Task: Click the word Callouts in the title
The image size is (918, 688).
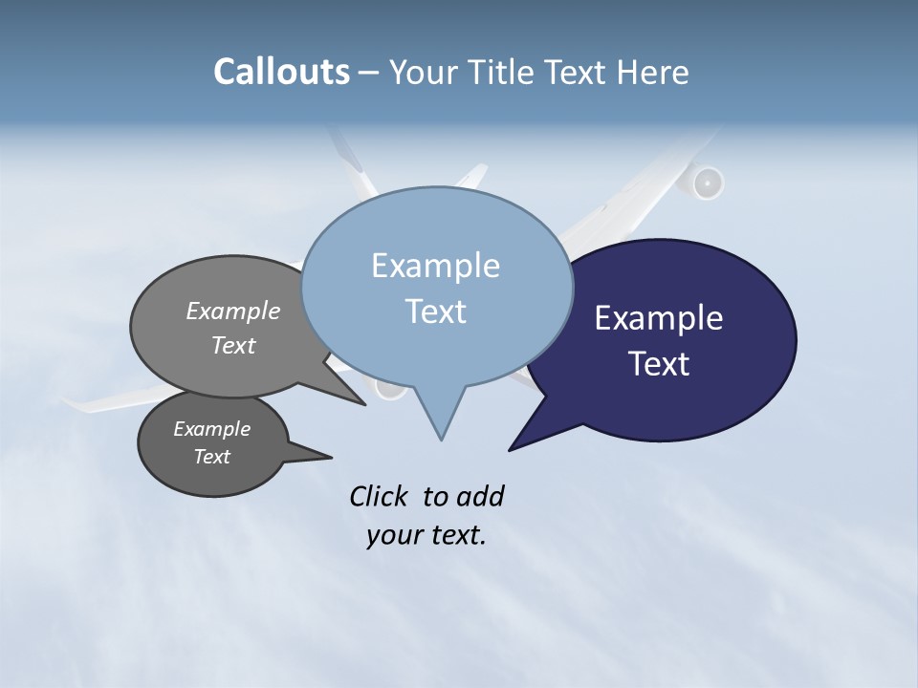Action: tap(281, 72)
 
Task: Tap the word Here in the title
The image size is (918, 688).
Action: tap(651, 72)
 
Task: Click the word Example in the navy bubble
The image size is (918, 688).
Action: tap(659, 318)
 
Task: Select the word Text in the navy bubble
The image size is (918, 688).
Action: tap(659, 364)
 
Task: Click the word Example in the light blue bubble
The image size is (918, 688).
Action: tap(435, 266)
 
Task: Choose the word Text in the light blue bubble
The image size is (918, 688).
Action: tap(436, 312)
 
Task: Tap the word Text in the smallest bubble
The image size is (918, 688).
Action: tap(212, 457)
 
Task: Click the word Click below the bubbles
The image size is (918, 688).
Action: tap(378, 496)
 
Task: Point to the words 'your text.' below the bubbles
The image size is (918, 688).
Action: tap(426, 536)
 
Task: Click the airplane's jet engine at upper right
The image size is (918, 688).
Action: tap(706, 183)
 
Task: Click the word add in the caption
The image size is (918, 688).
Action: tap(480, 496)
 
